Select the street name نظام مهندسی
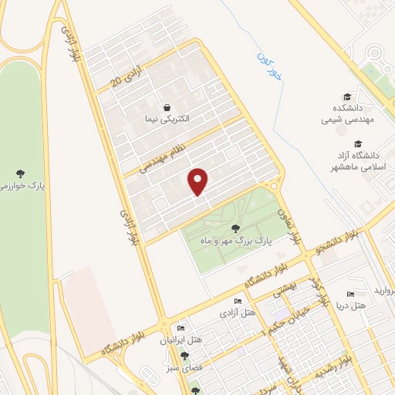point(164,150)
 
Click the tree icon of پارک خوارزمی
point(20,173)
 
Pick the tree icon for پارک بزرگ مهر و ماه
point(235,227)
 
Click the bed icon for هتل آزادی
point(238,300)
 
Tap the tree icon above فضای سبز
point(184,356)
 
